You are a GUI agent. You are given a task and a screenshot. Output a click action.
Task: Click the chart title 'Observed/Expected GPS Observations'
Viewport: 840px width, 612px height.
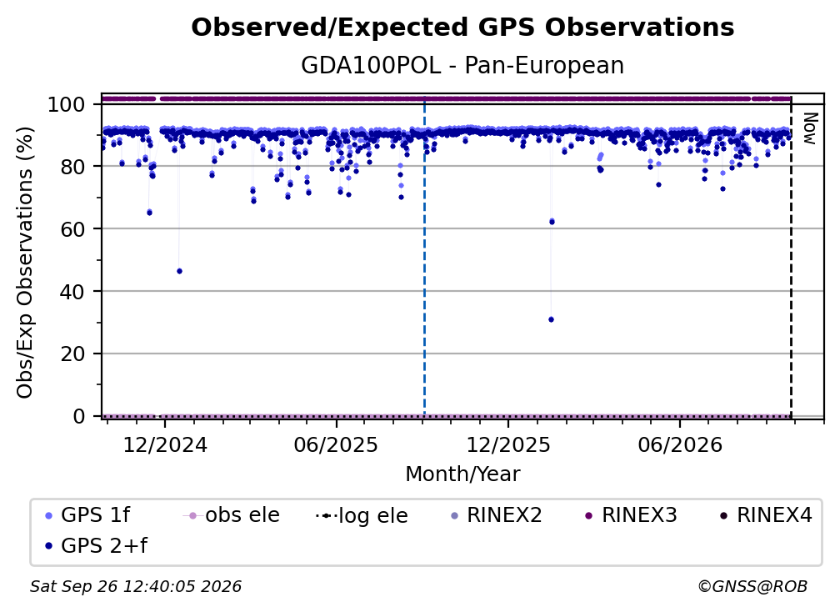point(462,28)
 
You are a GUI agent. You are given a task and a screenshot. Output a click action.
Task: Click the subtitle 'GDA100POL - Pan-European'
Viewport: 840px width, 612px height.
point(462,65)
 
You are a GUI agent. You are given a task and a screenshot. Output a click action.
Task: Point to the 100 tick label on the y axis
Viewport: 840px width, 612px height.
point(67,104)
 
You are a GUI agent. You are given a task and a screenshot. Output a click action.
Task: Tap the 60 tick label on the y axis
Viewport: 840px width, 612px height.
point(72,228)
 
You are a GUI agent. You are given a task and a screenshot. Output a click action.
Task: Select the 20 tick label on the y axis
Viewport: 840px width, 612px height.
point(72,354)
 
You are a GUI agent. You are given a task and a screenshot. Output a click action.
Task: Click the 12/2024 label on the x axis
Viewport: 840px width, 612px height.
point(165,444)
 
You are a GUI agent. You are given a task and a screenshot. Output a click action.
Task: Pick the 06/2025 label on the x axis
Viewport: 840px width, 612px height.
point(336,444)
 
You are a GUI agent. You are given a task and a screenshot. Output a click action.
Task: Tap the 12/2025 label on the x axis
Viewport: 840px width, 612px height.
point(508,444)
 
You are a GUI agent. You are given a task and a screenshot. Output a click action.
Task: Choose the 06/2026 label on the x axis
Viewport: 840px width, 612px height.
point(680,444)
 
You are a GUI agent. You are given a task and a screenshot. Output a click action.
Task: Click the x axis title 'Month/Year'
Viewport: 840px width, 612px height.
point(462,474)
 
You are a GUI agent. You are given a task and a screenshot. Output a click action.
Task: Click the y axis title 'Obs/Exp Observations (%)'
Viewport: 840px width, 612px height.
point(25,262)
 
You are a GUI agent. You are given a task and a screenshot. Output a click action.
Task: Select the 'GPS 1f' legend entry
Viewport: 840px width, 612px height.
point(87,515)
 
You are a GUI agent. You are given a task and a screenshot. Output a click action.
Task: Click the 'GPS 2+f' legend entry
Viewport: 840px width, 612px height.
point(97,545)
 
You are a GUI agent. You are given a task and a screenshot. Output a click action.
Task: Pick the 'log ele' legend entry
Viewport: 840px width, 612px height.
point(362,515)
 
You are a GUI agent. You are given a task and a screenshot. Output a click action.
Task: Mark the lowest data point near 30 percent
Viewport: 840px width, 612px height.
point(552,319)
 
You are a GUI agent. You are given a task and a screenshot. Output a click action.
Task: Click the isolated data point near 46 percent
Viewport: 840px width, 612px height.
point(179,271)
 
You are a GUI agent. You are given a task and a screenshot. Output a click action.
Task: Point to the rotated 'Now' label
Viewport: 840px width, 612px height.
point(809,128)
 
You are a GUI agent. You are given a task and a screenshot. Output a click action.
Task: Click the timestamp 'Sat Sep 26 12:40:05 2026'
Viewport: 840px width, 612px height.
point(136,586)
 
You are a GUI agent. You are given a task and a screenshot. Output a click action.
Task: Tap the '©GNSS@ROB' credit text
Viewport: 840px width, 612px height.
point(752,586)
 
